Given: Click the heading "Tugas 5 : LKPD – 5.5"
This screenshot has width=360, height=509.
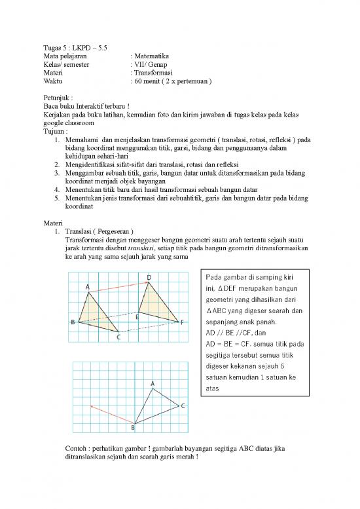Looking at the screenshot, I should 74,48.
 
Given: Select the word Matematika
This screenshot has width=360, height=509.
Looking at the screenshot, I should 153,57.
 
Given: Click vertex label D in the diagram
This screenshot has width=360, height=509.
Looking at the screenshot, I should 149,278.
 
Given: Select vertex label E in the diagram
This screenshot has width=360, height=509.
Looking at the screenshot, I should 137,316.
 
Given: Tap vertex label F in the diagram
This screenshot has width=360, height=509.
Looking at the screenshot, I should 182,322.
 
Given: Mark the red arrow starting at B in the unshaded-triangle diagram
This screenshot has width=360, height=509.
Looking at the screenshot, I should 112,415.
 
